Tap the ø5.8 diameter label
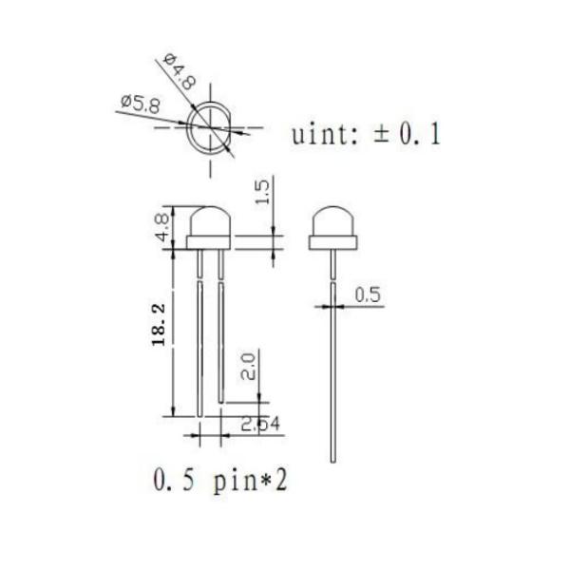click(141, 103)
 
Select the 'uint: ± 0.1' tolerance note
click(366, 134)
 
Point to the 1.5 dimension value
click(264, 192)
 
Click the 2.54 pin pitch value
click(259, 425)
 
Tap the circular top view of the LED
click(208, 128)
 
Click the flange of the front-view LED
click(209, 244)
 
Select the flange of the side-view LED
click(333, 244)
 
